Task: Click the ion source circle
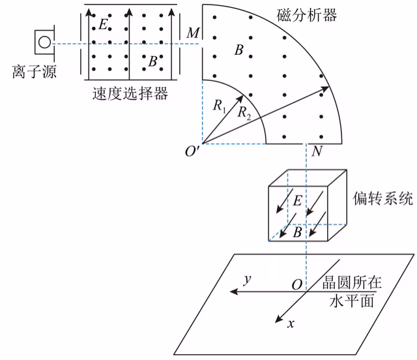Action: [x=44, y=42]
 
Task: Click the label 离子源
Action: [x=35, y=72]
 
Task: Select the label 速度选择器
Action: [x=130, y=93]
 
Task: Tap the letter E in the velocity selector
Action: [x=103, y=24]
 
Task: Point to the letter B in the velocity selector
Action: [x=152, y=61]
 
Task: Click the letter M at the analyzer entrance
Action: [x=193, y=33]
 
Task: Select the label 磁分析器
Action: [x=307, y=15]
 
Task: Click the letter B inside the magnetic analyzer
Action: [x=239, y=50]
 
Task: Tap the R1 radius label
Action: [x=220, y=106]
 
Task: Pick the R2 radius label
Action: [x=244, y=113]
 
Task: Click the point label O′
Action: [x=192, y=151]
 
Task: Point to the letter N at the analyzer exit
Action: [x=317, y=151]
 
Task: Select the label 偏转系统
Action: [x=383, y=199]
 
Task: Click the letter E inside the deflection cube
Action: [x=297, y=200]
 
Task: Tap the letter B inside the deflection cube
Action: [x=297, y=232]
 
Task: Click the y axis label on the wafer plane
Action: [x=248, y=280]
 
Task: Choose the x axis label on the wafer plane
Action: [x=291, y=323]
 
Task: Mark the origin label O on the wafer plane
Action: [x=297, y=284]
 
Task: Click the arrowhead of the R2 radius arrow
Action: [x=325, y=89]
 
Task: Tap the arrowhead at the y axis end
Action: [x=234, y=292]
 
